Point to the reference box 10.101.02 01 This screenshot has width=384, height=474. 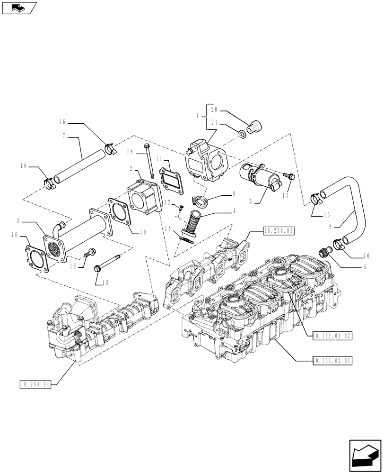(332, 361)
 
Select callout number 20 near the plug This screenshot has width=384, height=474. (214, 110)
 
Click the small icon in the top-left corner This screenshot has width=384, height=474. (19, 7)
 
